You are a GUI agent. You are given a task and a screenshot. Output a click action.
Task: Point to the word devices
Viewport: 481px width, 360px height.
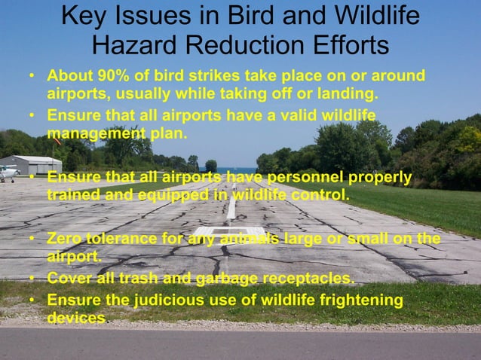75,318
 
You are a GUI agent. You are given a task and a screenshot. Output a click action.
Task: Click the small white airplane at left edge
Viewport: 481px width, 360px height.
7,172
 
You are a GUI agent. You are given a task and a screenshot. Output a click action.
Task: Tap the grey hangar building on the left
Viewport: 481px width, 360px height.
34,164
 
